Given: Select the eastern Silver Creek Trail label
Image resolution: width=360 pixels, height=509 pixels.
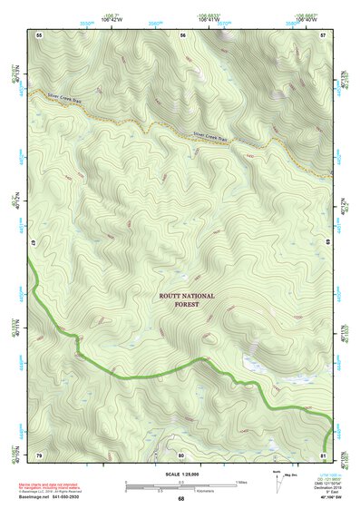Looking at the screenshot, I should tap(209, 136).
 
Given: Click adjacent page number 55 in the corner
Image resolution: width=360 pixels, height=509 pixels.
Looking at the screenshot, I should tap(39, 34).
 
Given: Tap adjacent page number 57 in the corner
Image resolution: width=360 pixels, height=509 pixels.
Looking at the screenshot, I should tap(323, 34).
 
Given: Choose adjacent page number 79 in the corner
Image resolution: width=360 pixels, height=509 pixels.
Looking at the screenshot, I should tap(39, 454).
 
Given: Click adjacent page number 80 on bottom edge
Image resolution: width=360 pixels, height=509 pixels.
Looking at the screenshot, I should tap(181, 454).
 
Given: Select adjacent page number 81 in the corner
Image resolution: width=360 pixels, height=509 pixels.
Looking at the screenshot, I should tap(324, 454).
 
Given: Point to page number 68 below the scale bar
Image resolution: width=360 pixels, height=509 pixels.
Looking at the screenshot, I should tap(180, 498).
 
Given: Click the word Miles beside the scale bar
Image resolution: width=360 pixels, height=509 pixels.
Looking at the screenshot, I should tap(242, 482).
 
